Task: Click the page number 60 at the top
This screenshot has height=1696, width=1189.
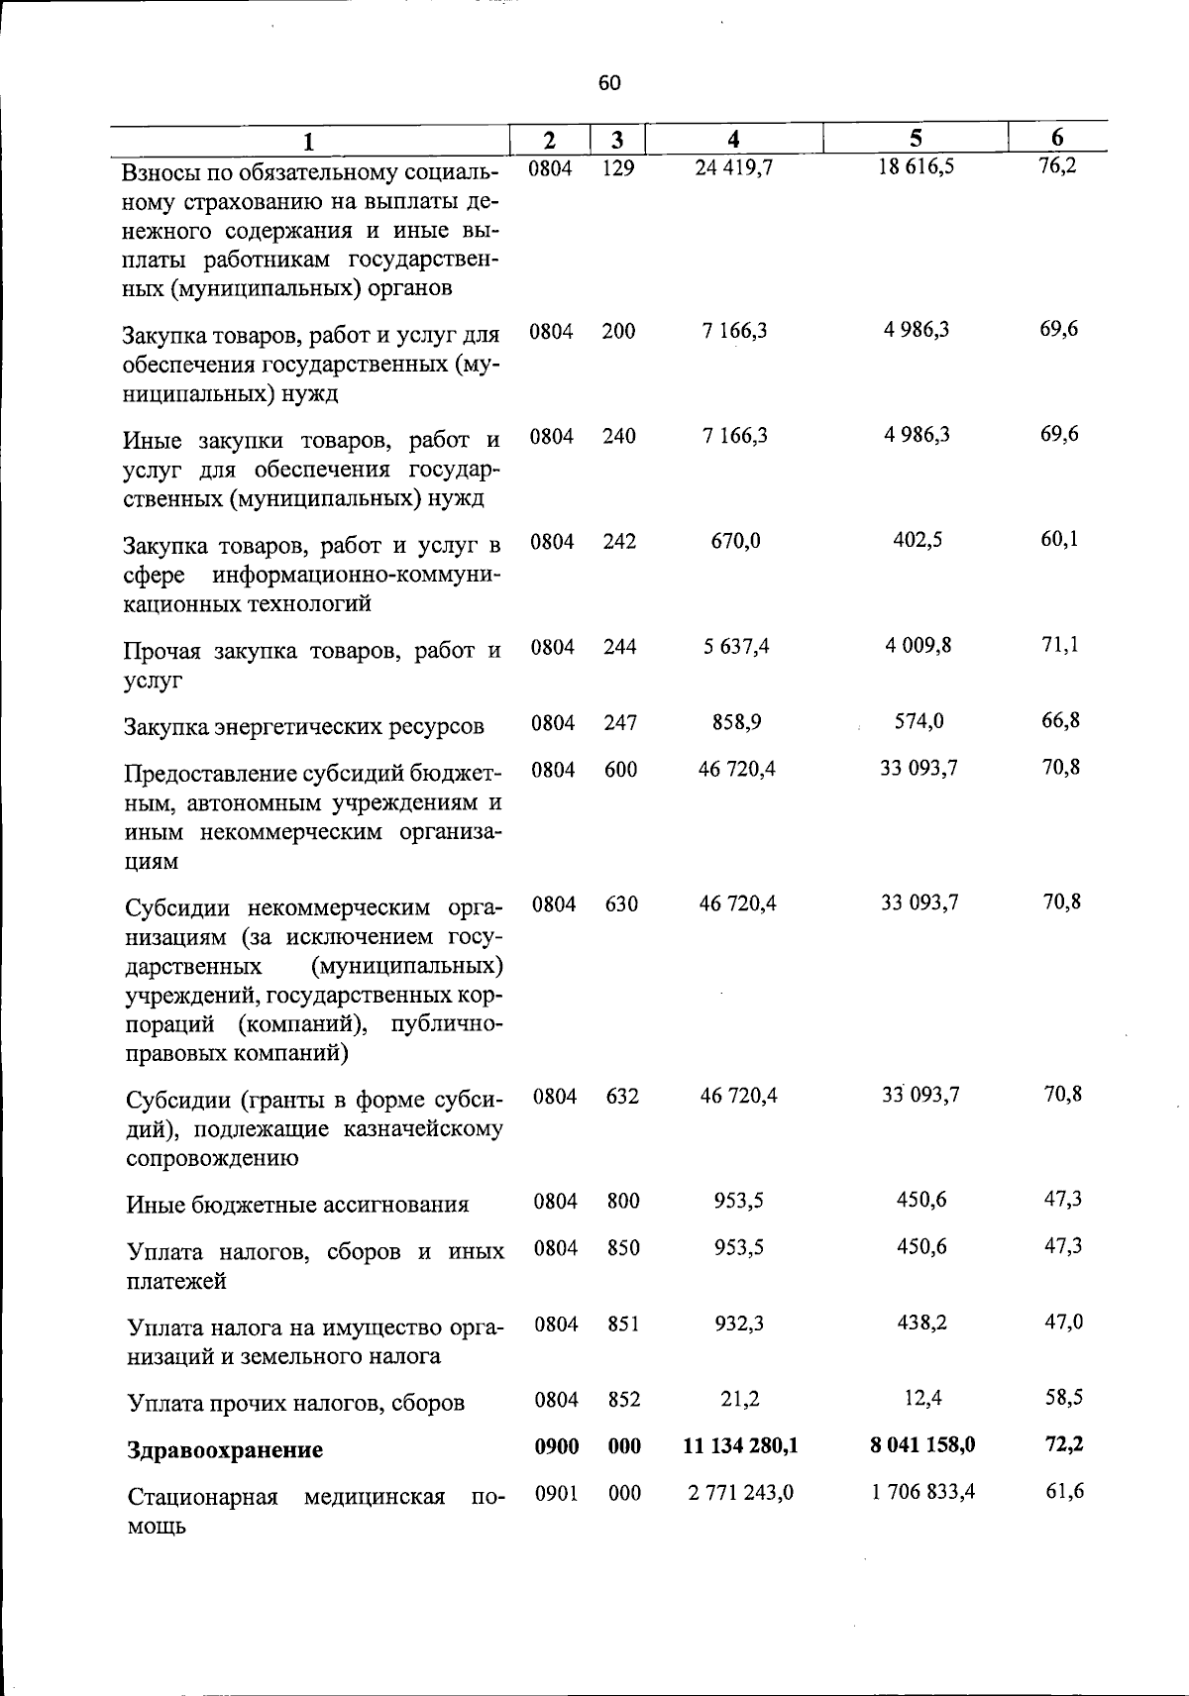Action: tap(609, 83)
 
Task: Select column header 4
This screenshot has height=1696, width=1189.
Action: tap(733, 140)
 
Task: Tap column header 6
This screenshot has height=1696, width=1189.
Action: tap(1057, 139)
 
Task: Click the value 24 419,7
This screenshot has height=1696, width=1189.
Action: tap(733, 167)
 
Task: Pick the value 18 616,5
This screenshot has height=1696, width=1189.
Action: tap(917, 166)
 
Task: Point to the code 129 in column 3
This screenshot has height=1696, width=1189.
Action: tap(617, 167)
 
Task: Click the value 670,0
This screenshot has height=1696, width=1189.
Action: tap(735, 541)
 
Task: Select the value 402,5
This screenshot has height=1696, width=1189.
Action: tap(919, 540)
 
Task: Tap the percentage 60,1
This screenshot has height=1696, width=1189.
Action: tap(1059, 539)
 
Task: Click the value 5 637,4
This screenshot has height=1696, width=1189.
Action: tap(735, 647)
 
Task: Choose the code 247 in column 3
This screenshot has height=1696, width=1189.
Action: tap(619, 723)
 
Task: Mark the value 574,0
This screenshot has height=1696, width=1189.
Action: tap(919, 722)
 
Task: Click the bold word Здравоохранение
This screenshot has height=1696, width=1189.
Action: tap(225, 1450)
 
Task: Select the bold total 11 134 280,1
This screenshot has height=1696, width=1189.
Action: tap(740, 1445)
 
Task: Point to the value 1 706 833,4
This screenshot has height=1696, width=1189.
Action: tap(922, 1491)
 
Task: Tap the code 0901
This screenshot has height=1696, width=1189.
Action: tap(556, 1493)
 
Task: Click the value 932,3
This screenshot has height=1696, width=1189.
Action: tap(738, 1324)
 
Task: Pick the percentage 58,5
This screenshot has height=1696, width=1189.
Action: tap(1063, 1398)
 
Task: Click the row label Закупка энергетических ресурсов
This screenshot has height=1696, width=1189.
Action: tap(303, 726)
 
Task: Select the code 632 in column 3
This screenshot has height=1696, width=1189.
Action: tap(622, 1097)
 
